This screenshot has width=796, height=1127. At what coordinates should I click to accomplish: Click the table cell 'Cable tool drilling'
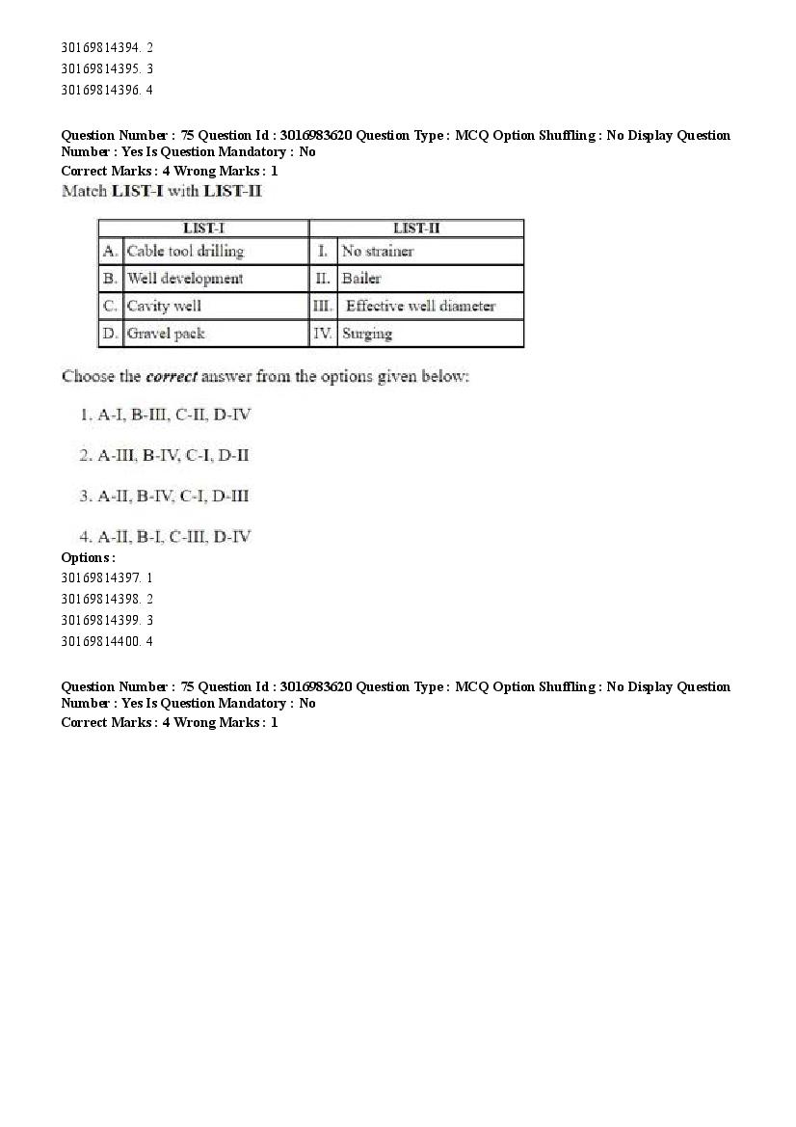(x=186, y=252)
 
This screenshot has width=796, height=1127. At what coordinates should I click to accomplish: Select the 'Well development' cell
(x=185, y=279)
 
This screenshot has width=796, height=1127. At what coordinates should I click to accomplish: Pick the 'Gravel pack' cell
(x=166, y=334)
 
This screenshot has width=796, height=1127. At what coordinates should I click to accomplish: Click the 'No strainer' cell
(x=378, y=252)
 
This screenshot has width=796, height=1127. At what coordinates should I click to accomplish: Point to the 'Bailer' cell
(x=361, y=279)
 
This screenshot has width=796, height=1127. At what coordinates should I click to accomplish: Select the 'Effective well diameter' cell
(x=420, y=307)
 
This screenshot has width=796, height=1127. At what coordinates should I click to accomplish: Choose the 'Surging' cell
(x=367, y=334)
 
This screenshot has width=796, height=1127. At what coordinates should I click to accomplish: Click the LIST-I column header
(x=203, y=228)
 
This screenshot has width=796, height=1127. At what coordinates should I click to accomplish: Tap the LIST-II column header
(x=416, y=228)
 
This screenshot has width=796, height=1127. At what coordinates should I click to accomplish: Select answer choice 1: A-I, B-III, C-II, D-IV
(x=166, y=415)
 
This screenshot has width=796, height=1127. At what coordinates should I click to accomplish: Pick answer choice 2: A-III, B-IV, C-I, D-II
(x=165, y=455)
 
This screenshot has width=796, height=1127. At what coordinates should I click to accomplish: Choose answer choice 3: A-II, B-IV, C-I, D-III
(x=165, y=496)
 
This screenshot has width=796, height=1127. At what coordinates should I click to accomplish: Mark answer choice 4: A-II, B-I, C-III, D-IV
(x=166, y=536)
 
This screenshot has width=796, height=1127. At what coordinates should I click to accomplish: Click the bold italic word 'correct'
(x=172, y=376)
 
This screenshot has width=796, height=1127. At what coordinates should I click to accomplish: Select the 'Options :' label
(x=88, y=557)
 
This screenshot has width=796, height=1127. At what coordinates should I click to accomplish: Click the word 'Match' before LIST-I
(x=85, y=191)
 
